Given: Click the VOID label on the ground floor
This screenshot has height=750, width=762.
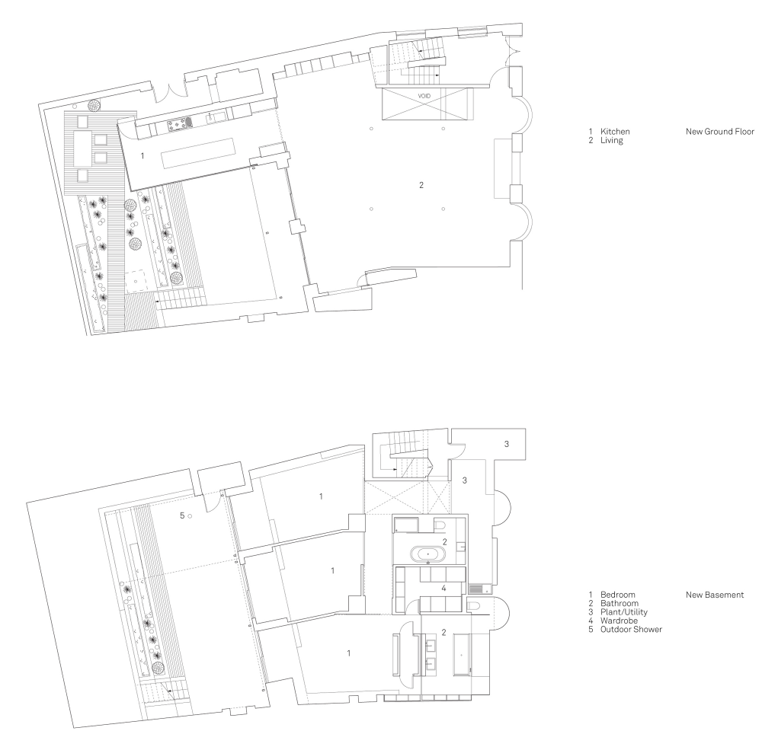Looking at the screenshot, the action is pyautogui.click(x=424, y=96).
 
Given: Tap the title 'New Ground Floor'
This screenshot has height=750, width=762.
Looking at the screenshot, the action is pyautogui.click(x=720, y=131).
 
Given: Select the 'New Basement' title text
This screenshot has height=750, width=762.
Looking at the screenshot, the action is pyautogui.click(x=715, y=595).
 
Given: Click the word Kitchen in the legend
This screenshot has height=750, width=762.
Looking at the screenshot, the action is pyautogui.click(x=615, y=131).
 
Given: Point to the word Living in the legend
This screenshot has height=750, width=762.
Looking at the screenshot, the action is pyautogui.click(x=611, y=140).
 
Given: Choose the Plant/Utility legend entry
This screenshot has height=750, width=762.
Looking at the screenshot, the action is pyautogui.click(x=623, y=612).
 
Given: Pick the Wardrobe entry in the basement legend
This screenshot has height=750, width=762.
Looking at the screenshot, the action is pyautogui.click(x=619, y=621).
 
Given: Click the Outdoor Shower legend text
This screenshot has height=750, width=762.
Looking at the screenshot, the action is pyautogui.click(x=631, y=630).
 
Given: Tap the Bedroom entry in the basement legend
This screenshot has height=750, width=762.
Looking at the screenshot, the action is pyautogui.click(x=617, y=595).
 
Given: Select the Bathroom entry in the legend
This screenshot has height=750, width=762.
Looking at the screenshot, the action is pyautogui.click(x=619, y=603).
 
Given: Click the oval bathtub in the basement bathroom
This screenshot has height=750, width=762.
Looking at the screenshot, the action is pyautogui.click(x=427, y=554).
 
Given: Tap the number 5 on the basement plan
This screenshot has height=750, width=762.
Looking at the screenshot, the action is pyautogui.click(x=182, y=515).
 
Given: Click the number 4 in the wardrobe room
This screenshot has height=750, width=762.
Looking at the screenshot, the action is pyautogui.click(x=443, y=589).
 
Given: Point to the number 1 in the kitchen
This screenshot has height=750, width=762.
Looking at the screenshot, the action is pyautogui.click(x=142, y=156).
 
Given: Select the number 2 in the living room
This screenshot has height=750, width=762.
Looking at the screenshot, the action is pyautogui.click(x=421, y=184).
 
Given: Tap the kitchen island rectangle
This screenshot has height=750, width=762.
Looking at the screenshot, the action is pyautogui.click(x=198, y=153).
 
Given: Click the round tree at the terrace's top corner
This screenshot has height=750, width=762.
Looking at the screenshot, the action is pyautogui.click(x=94, y=105).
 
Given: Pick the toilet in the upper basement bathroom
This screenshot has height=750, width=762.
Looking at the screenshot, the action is pyautogui.click(x=440, y=525).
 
